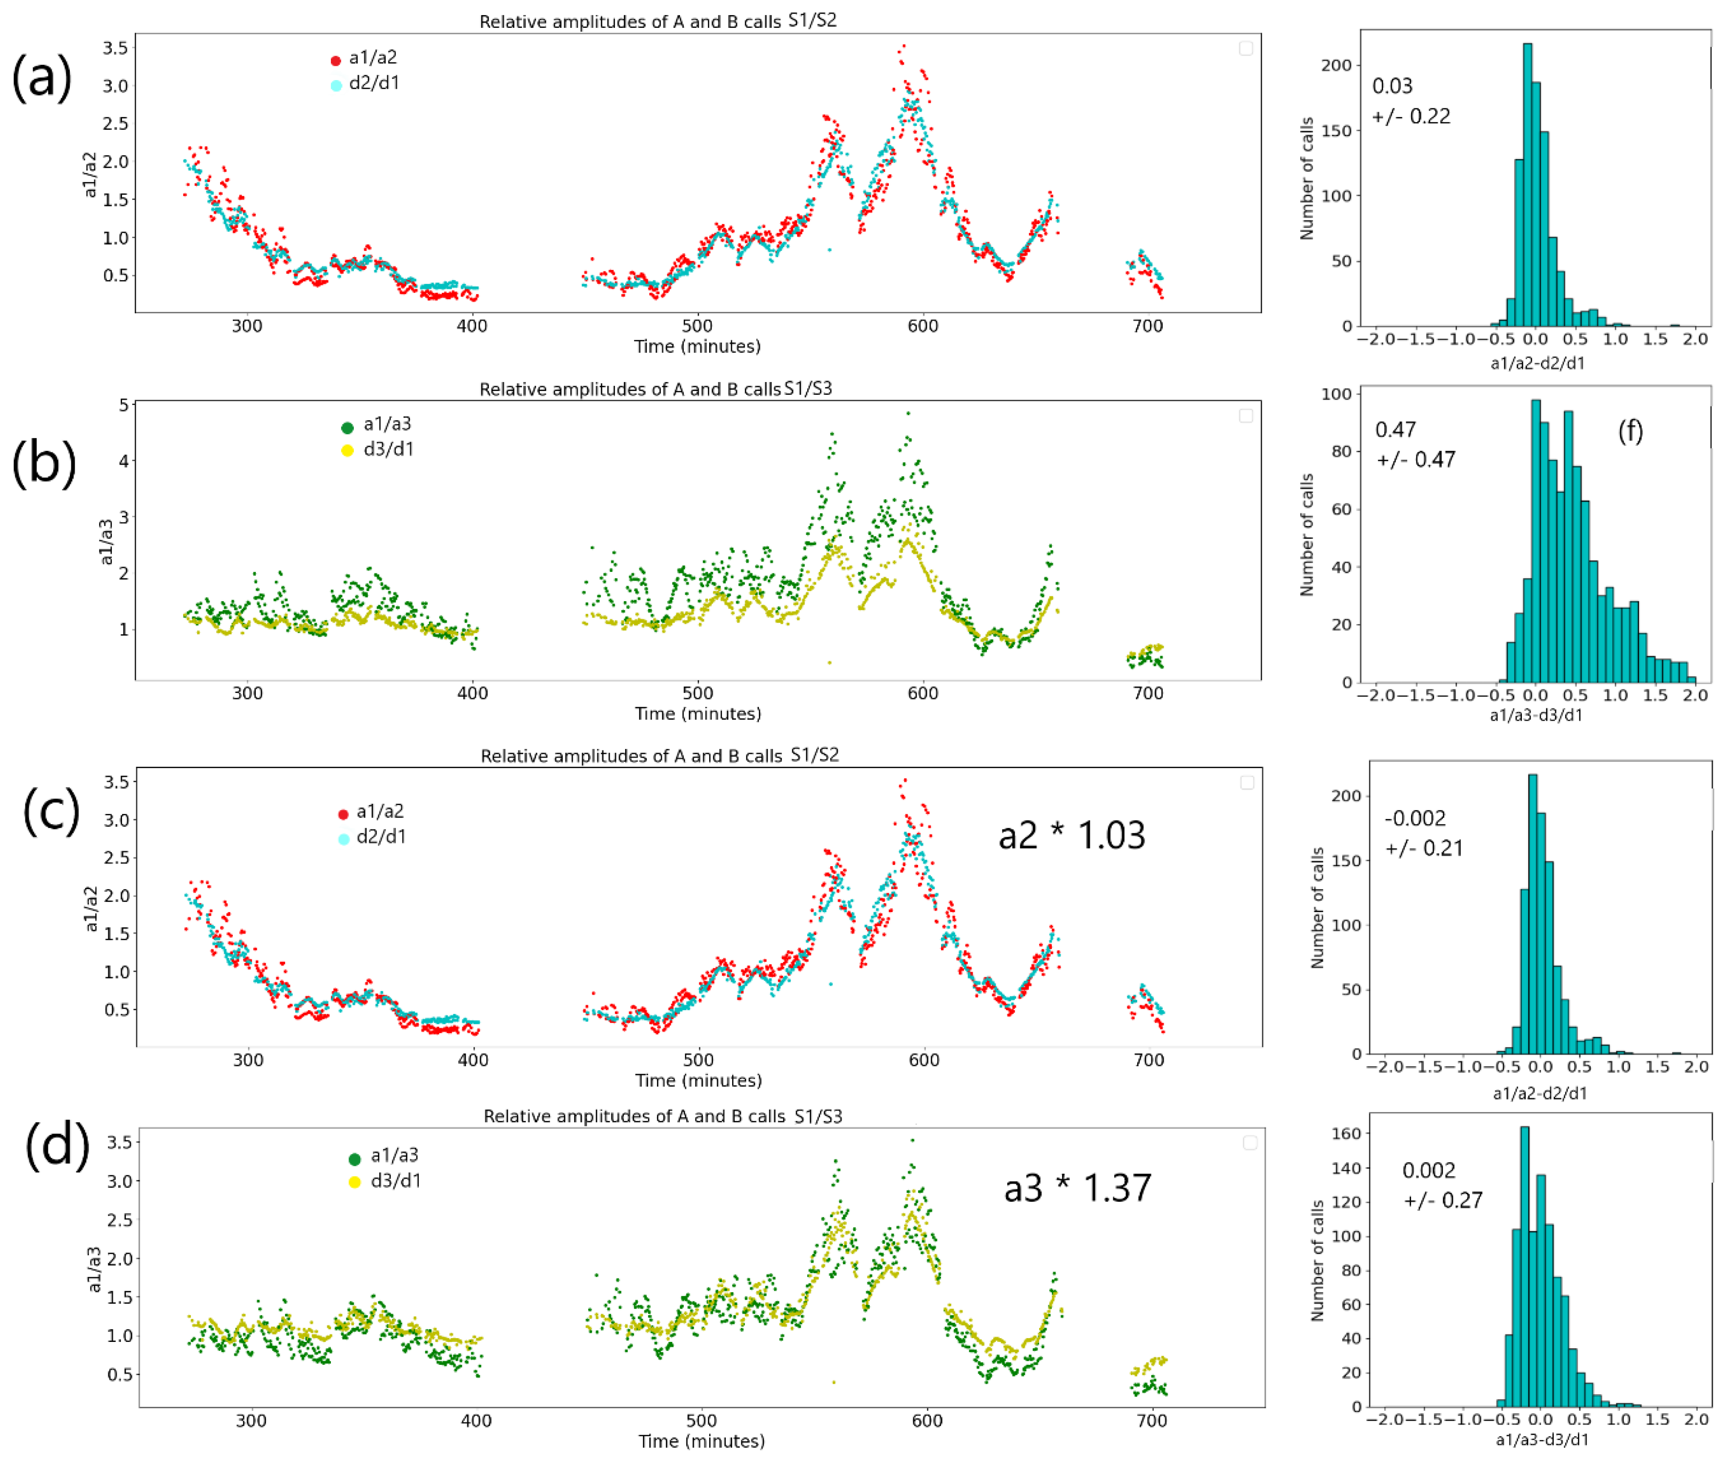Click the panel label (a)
[x=41, y=79]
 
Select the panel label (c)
[x=51, y=811]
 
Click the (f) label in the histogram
[x=1630, y=431]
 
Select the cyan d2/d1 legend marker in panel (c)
[x=343, y=839]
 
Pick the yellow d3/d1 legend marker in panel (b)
[x=347, y=450]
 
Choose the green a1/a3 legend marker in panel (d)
[x=354, y=1158]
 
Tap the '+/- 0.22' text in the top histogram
[x=1411, y=117]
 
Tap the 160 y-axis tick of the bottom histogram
[x=1345, y=1133]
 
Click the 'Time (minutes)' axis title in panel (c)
[x=698, y=1080]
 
